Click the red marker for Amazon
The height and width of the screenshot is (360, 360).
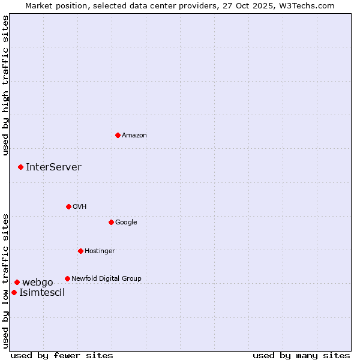coord(118,135)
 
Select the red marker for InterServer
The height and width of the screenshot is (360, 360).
coord(20,167)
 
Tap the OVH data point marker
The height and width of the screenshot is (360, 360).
coord(68,206)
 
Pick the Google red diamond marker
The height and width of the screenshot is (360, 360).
coord(111,222)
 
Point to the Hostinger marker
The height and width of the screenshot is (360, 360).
coord(80,251)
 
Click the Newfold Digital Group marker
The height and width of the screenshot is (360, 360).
coord(67,278)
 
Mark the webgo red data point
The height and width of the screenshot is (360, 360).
coord(17,282)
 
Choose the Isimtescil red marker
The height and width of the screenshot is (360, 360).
coord(14,292)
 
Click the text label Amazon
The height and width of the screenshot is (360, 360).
coord(134,136)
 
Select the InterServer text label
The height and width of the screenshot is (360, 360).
coord(53,167)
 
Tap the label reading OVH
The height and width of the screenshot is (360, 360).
coord(80,207)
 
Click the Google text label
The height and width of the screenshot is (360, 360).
coord(126,223)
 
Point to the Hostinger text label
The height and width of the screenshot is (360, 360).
coord(100,251)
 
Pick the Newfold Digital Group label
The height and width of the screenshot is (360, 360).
coord(106,279)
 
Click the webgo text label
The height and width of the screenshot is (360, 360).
coord(38,283)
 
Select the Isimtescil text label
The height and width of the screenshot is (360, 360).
coord(42,293)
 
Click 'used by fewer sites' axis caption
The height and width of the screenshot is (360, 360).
coord(62,356)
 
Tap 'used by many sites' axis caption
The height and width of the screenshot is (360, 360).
coord(301,356)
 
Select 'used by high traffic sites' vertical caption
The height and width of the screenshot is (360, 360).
coord(5,86)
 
